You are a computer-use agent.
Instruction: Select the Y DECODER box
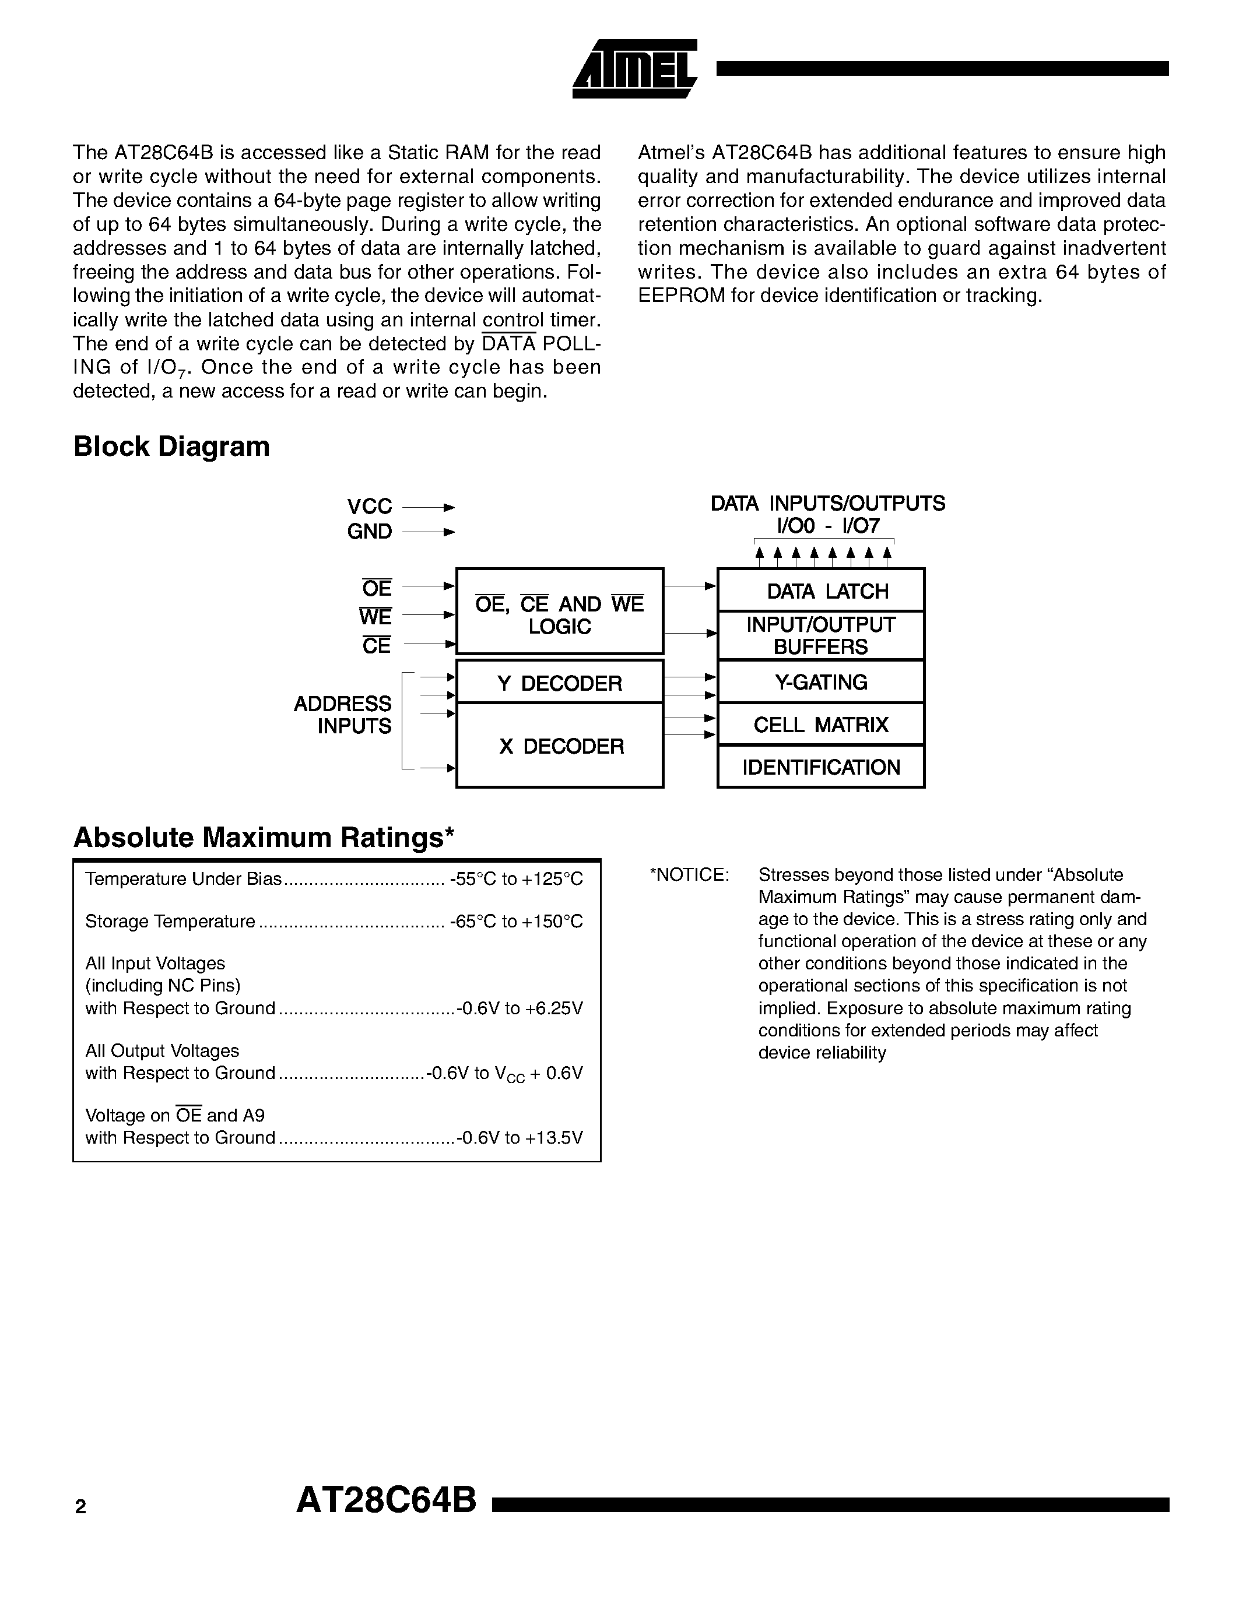559,683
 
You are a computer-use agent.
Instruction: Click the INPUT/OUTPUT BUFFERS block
820,635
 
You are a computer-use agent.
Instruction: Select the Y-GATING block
820,682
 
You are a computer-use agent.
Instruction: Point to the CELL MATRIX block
820,725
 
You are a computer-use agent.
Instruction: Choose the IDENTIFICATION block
820,767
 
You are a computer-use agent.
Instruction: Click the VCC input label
369,507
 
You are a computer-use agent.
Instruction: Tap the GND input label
369,532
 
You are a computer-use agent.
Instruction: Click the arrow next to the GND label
429,532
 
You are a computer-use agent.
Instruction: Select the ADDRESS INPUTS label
343,715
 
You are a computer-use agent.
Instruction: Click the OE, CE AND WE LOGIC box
559,614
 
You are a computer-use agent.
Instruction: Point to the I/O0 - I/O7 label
827,526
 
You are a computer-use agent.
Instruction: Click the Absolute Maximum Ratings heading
264,838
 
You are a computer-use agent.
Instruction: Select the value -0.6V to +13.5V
520,1138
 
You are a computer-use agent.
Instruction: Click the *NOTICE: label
689,875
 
